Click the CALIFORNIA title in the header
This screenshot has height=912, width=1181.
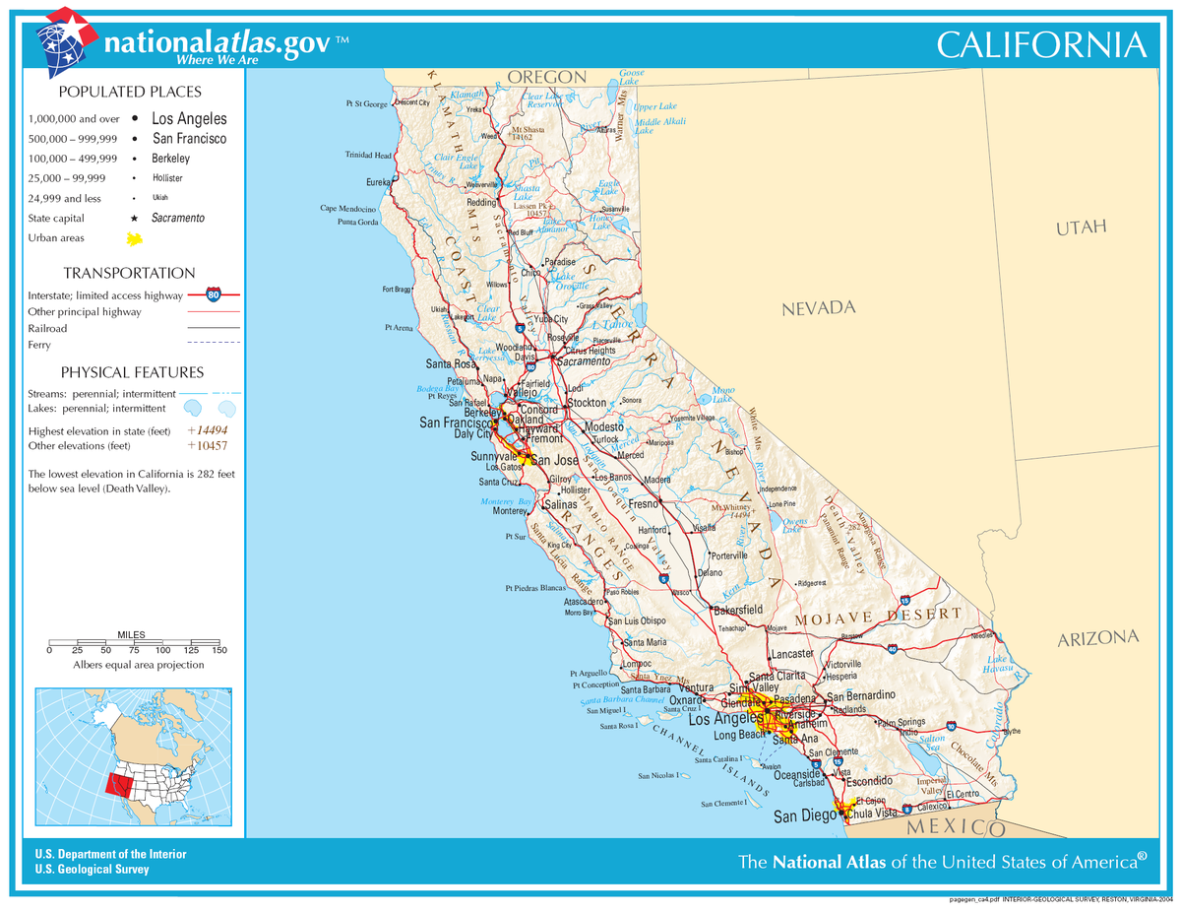1040,44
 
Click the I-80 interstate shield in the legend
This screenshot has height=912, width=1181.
214,293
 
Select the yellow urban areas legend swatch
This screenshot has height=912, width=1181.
134,239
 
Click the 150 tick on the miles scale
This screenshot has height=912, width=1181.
219,650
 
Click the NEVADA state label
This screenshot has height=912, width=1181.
818,308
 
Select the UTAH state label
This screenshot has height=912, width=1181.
1081,228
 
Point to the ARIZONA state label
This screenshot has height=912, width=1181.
1098,638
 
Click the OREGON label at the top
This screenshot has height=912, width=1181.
546,77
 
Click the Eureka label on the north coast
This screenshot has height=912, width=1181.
378,183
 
